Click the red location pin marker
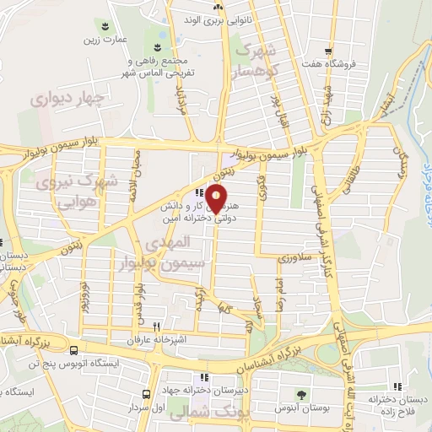pos(217,200)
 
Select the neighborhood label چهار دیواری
pos(66,99)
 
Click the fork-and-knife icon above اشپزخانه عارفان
pos(157,327)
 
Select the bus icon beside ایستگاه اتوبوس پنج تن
pos(74,350)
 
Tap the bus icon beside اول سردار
pos(147,394)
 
